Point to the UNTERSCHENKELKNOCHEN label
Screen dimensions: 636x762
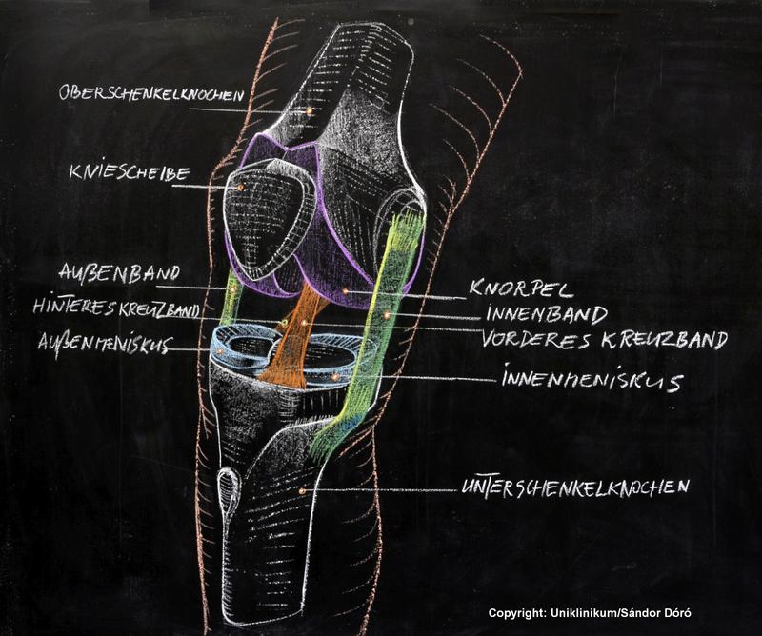pyautogui.click(x=574, y=487)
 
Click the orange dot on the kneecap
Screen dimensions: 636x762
pyautogui.click(x=241, y=188)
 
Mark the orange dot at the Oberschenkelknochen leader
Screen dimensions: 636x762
pyautogui.click(x=309, y=110)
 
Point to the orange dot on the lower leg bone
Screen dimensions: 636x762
pyautogui.click(x=302, y=490)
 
